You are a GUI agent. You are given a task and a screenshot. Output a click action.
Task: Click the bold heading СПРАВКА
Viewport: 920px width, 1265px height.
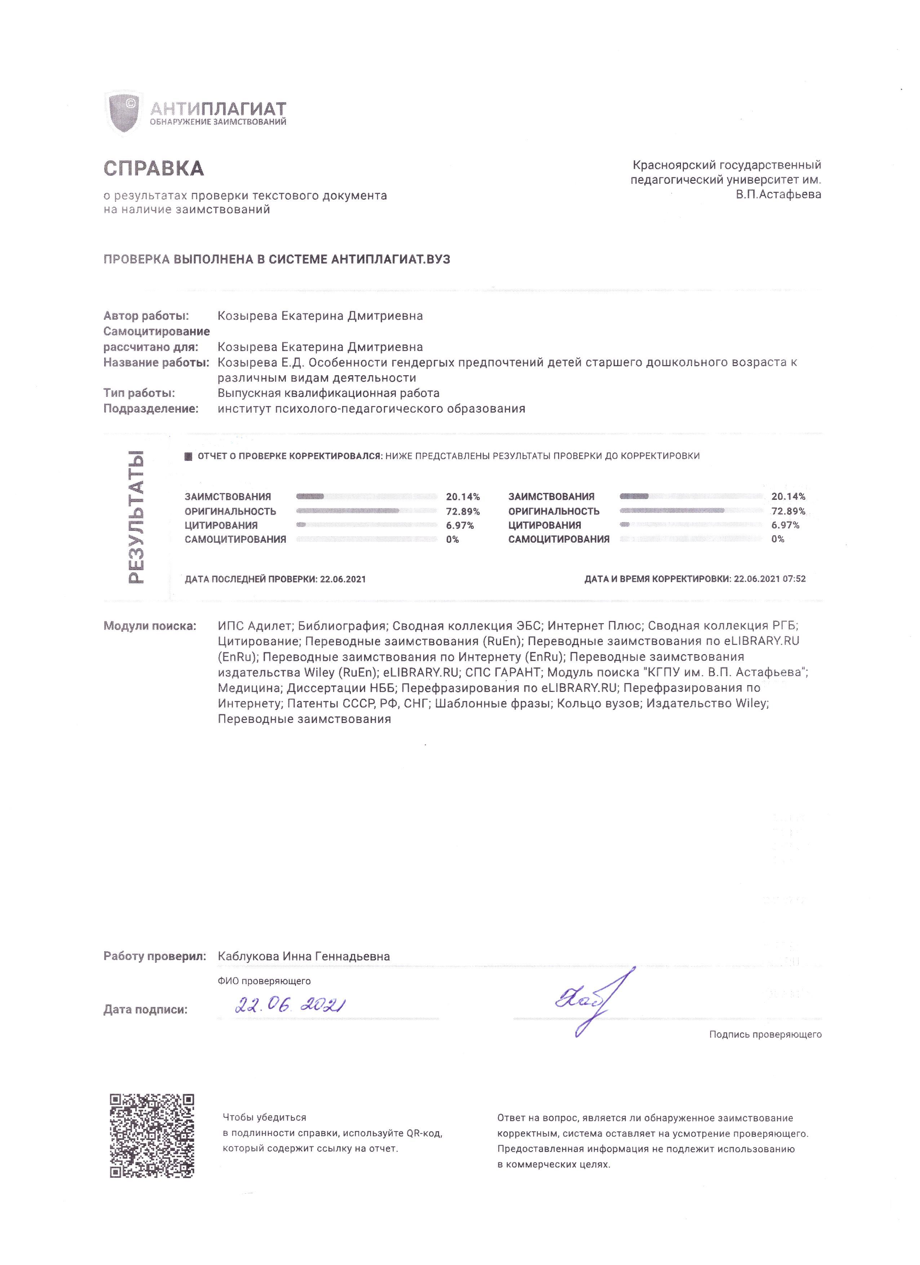coord(154,168)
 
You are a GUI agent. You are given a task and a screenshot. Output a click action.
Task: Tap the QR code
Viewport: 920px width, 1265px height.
coord(152,1135)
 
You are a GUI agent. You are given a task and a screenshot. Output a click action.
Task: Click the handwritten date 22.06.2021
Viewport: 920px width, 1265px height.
coord(290,1006)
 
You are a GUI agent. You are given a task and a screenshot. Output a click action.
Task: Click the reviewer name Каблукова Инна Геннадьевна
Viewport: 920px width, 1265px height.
coord(304,956)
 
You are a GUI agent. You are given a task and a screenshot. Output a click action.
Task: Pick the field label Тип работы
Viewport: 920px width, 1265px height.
coord(139,393)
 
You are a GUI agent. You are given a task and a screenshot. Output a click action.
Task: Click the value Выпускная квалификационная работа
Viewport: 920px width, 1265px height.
coord(328,393)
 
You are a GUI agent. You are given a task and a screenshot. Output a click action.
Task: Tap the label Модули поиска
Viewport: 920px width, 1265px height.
coord(150,625)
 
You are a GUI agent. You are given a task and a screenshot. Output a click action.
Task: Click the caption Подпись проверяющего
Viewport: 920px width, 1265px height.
coord(765,1034)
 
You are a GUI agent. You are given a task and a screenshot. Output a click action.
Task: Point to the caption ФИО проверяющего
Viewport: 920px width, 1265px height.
coord(264,981)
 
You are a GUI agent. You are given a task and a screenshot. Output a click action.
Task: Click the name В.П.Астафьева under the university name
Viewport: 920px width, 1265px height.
coord(778,195)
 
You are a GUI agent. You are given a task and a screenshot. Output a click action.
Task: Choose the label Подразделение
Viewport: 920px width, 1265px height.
coord(151,408)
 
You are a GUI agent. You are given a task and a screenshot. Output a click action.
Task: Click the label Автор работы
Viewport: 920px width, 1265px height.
coord(146,316)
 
